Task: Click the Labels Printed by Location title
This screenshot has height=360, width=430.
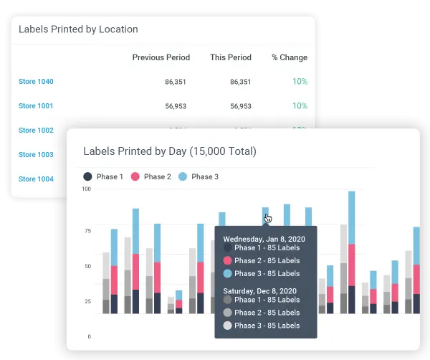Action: [78, 29]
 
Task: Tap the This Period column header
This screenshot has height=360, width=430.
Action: [230, 57]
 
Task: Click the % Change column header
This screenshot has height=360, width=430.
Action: [290, 57]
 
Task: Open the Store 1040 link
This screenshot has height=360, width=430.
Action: [36, 82]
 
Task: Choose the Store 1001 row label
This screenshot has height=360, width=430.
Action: [36, 106]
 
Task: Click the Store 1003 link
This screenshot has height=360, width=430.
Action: [36, 155]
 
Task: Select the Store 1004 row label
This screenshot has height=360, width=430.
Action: [36, 179]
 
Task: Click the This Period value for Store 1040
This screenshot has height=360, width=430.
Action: [241, 82]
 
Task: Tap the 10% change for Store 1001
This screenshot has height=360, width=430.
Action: [300, 106]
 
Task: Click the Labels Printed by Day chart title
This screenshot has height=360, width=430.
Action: [169, 151]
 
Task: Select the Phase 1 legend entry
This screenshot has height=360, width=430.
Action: [104, 176]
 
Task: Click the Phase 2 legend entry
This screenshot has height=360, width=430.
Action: [151, 176]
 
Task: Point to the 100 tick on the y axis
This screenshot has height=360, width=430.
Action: [86, 189]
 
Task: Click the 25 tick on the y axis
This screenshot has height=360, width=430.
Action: [87, 301]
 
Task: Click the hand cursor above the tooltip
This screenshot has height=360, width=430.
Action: [268, 218]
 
